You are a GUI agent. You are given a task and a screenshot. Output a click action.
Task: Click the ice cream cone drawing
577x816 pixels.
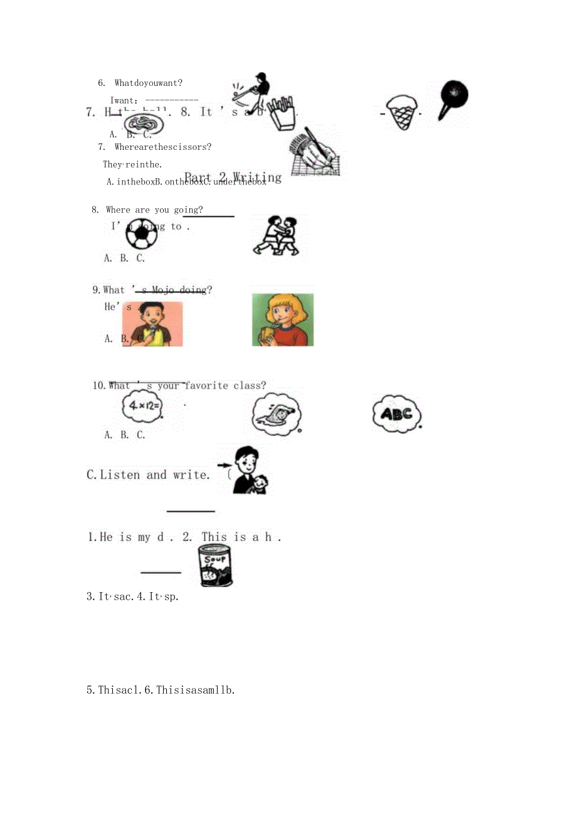click(402, 112)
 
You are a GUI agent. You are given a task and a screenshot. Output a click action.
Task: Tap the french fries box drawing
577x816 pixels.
click(280, 113)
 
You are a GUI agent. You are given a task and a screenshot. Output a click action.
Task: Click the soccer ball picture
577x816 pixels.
click(141, 235)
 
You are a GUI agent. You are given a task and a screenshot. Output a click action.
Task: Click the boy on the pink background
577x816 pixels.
click(152, 324)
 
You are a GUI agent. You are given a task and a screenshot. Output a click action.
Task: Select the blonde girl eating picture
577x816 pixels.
click(283, 320)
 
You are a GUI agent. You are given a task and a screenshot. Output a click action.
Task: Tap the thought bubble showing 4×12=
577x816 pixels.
click(142, 406)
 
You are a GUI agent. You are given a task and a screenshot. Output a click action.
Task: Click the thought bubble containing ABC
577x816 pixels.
click(396, 413)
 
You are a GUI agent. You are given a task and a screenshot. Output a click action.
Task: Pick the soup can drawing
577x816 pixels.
click(215, 565)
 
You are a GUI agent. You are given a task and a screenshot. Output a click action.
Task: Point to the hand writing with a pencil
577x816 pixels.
click(315, 152)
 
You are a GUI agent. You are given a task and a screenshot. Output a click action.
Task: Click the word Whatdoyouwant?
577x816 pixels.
click(149, 83)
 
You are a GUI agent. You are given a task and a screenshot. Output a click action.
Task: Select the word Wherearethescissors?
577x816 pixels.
click(163, 147)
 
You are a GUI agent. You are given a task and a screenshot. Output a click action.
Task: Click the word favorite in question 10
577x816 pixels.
click(206, 386)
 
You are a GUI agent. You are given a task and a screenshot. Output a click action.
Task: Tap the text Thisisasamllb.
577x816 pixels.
click(195, 690)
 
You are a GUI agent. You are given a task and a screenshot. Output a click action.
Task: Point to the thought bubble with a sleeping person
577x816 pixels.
click(277, 414)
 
